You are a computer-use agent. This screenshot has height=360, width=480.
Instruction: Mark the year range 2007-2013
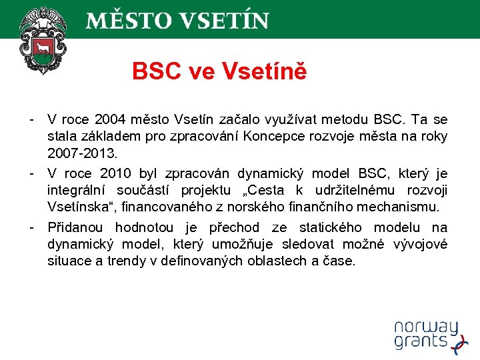tap(82, 154)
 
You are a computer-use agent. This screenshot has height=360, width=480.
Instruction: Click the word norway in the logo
tap(425, 327)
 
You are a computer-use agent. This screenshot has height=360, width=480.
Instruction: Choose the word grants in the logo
tap(420, 342)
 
